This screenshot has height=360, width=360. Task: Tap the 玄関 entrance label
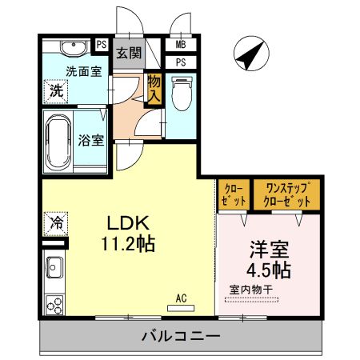coord(128,54)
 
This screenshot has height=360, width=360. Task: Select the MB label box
coord(181,46)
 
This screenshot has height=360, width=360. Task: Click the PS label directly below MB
coord(181,62)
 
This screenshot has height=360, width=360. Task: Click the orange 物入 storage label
coord(154,90)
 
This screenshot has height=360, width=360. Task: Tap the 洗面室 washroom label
coord(82,70)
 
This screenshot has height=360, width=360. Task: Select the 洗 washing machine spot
coord(55,90)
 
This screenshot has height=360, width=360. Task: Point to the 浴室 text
coord(90,141)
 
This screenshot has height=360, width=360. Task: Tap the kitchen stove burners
coord(55,305)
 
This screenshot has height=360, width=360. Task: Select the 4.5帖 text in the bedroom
coord(268,266)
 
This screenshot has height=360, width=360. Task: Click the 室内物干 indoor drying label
coord(253,289)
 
